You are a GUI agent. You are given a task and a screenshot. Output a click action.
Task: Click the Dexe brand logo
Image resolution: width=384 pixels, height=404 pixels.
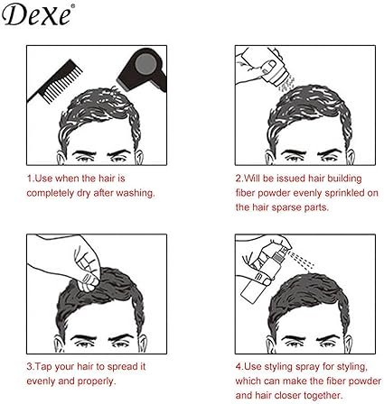tap(36, 15)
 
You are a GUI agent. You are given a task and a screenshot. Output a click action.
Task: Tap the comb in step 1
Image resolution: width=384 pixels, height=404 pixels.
tap(54, 82)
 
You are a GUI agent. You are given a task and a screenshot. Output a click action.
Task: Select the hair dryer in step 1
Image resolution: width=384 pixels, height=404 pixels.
tap(142, 69)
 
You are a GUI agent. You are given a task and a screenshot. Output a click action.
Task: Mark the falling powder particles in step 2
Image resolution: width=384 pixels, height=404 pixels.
tap(286, 84)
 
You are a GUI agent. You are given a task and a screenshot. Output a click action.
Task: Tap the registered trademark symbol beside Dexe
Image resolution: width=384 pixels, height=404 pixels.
tap(72, 5)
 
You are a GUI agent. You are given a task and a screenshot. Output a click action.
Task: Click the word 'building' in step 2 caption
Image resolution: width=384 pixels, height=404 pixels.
tap(344, 179)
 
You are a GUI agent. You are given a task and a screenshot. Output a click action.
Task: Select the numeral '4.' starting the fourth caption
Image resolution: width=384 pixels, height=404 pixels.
tap(239, 367)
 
